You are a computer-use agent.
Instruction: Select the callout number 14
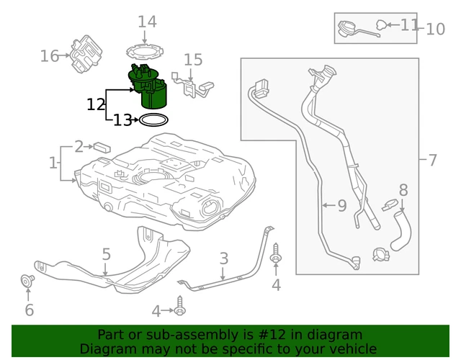click(x=147, y=22)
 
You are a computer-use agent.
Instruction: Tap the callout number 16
click(x=49, y=55)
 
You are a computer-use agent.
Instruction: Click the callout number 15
click(x=193, y=60)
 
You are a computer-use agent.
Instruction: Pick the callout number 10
click(x=436, y=29)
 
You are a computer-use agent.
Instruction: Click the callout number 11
click(x=409, y=25)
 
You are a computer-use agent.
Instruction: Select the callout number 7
click(x=432, y=160)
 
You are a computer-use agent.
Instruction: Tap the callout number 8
click(x=403, y=190)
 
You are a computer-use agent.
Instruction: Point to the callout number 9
click(x=341, y=206)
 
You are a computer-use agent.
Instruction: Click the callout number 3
click(x=224, y=258)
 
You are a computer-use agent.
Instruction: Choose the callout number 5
click(x=106, y=254)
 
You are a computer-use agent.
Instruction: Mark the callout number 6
click(x=29, y=310)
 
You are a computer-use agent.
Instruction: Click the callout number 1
click(x=53, y=163)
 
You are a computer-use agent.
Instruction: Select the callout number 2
click(x=79, y=146)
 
